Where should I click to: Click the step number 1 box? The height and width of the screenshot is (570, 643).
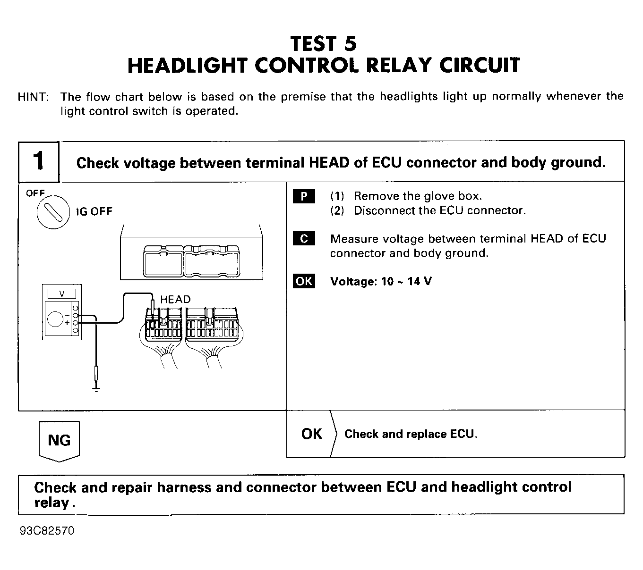pyautogui.click(x=39, y=161)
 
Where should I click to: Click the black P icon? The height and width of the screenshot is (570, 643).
pyautogui.click(x=304, y=196)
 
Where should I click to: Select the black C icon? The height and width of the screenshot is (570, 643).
pyautogui.click(x=304, y=239)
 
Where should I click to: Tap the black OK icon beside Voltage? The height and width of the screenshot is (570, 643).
pyautogui.click(x=304, y=281)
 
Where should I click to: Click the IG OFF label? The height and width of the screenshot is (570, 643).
pyautogui.click(x=95, y=211)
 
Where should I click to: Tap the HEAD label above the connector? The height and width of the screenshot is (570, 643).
pyautogui.click(x=175, y=299)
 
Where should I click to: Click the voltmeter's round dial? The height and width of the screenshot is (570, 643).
pyautogui.click(x=56, y=319)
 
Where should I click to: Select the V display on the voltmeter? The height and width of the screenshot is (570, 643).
pyautogui.click(x=62, y=294)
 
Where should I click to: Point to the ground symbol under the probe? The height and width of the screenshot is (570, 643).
pyautogui.click(x=96, y=389)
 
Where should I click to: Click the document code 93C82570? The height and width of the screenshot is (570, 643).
pyautogui.click(x=47, y=531)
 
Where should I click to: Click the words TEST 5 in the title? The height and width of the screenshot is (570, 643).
pyautogui.click(x=324, y=44)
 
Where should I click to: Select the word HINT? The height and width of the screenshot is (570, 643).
pyautogui.click(x=33, y=97)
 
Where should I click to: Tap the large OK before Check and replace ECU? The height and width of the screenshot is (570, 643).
pyautogui.click(x=311, y=434)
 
